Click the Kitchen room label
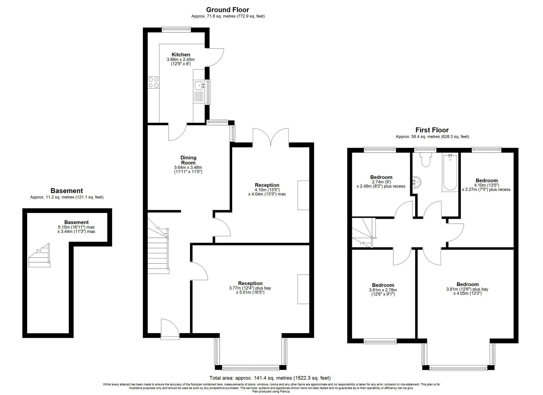pyautogui.click(x=181, y=55)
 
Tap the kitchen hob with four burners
pyautogui.click(x=153, y=83)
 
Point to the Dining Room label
pyautogui.click(x=188, y=160)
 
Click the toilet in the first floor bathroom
pyautogui.click(x=425, y=160)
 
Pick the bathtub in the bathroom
pyautogui.click(x=450, y=172)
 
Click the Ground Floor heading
pyautogui.click(x=228, y=10)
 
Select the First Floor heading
pyautogui.click(x=432, y=130)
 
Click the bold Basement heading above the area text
pyautogui.click(x=67, y=191)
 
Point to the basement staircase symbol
pyautogui.click(x=39, y=255)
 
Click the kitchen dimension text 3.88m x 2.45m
pyautogui.click(x=181, y=59)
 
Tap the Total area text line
pyautogui.click(x=270, y=378)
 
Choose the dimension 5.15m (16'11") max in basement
pyautogui.click(x=76, y=227)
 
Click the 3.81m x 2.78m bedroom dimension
pyautogui.click(x=383, y=290)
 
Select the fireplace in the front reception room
pyautogui.click(x=303, y=289)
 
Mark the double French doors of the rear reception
pyautogui.click(x=271, y=137)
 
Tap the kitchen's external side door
pyautogui.click(x=214, y=57)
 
